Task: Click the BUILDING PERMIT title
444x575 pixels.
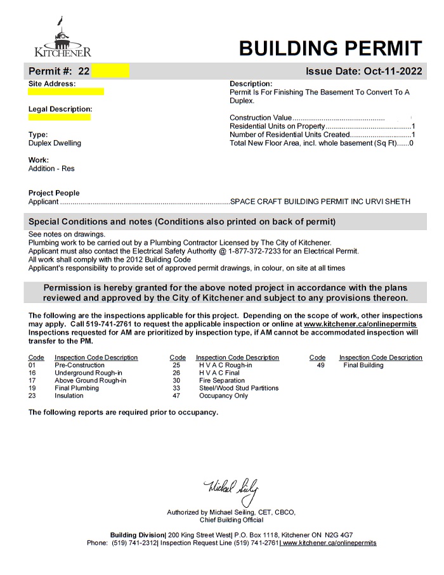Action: click(x=330, y=48)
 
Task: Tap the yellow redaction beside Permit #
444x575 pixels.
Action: click(x=110, y=71)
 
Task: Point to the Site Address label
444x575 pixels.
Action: click(x=52, y=84)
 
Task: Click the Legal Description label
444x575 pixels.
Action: click(x=60, y=109)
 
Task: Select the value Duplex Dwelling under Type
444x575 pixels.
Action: click(x=55, y=143)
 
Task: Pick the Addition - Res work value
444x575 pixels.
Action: click(x=51, y=169)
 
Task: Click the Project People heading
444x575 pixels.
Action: click(x=54, y=193)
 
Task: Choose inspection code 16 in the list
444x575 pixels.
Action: click(x=32, y=373)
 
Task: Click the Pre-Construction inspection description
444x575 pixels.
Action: click(x=79, y=365)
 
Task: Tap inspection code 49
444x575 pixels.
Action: click(x=320, y=365)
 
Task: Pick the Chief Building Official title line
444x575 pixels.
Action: click(x=231, y=520)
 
